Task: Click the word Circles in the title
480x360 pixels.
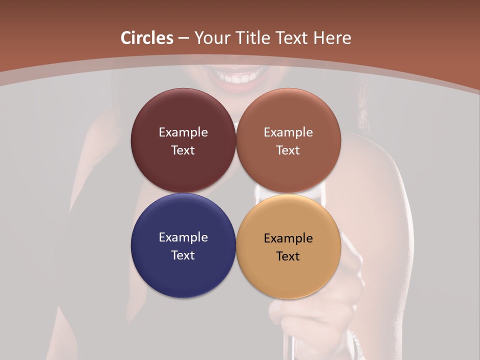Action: pyautogui.click(x=146, y=38)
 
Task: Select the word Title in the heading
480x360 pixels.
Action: pyautogui.click(x=254, y=38)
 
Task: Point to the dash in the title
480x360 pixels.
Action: pyautogui.click(x=183, y=38)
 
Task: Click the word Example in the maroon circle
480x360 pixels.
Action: pyautogui.click(x=183, y=132)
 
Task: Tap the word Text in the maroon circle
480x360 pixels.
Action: pyautogui.click(x=183, y=150)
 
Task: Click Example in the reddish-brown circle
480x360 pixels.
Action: pyautogui.click(x=288, y=132)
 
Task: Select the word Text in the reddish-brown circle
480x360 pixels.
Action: pyautogui.click(x=288, y=150)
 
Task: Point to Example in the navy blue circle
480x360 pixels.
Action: pyautogui.click(x=183, y=237)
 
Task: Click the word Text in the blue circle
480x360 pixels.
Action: pyautogui.click(x=183, y=255)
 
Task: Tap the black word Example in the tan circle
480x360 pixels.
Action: pyautogui.click(x=288, y=238)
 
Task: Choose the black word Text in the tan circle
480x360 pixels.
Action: pyautogui.click(x=288, y=256)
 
